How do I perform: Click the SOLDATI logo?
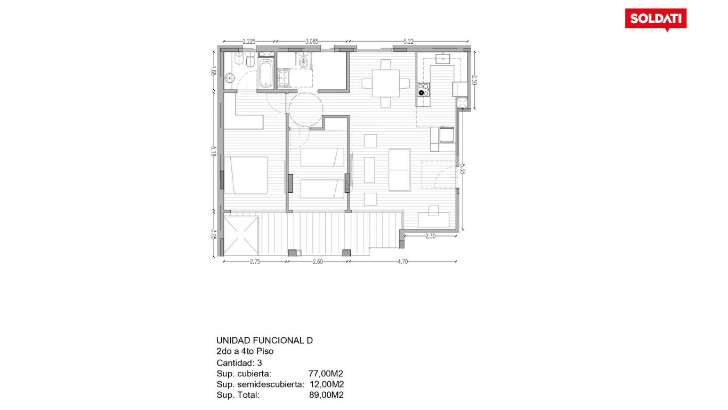coord(656,19)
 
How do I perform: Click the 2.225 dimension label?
coord(249,41)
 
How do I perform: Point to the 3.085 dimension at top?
coord(312,41)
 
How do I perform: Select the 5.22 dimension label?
coord(409,41)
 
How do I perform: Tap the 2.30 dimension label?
coord(430,236)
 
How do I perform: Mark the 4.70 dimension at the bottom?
coord(403,261)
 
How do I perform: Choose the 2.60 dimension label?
coord(318,261)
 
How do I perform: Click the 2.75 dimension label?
coord(255,261)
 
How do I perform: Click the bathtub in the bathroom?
coord(265,74)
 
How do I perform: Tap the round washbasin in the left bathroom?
coord(230,78)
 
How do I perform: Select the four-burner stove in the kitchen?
coord(424,90)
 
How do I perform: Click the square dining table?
coord(386,83)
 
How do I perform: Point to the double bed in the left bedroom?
coord(246,175)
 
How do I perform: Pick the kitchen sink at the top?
coord(443,58)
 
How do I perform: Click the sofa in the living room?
coord(399,170)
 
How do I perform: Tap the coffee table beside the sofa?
coord(369,170)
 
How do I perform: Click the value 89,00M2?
coord(326,395)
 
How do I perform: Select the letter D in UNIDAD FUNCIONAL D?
coord(310,340)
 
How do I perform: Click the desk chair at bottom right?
coord(434,211)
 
